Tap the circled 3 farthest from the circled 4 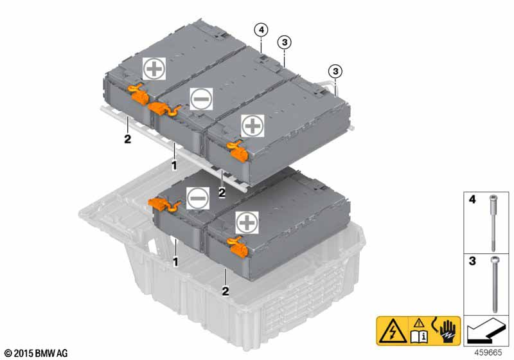pyautogui.click(x=333, y=71)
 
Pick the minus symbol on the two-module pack pyautogui.click(x=197, y=198)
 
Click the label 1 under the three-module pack pyautogui.click(x=174, y=165)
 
